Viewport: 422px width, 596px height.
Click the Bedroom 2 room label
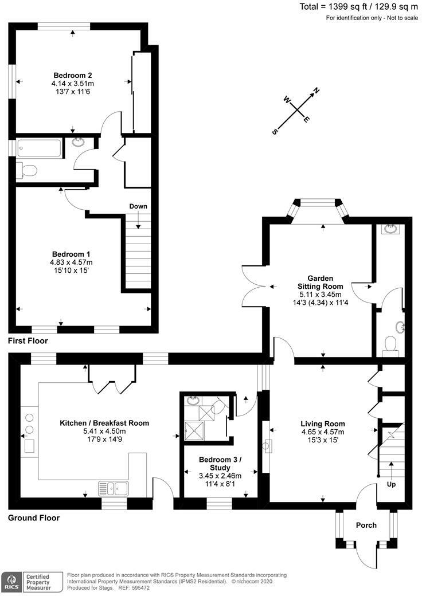click(x=73, y=75)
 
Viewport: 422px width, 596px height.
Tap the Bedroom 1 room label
click(x=71, y=254)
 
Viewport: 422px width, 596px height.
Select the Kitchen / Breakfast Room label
click(x=104, y=423)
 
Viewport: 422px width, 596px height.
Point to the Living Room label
click(x=322, y=424)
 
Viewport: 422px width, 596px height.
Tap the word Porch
click(x=366, y=525)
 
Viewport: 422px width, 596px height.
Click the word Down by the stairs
click(x=138, y=206)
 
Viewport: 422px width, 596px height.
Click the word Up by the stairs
click(x=391, y=484)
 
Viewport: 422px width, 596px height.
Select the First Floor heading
click(x=28, y=341)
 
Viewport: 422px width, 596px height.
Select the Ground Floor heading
click(x=34, y=517)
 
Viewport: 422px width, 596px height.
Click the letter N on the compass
click(x=315, y=91)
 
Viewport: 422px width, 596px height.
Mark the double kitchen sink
click(x=114, y=488)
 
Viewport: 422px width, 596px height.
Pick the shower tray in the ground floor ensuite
click(x=193, y=429)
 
